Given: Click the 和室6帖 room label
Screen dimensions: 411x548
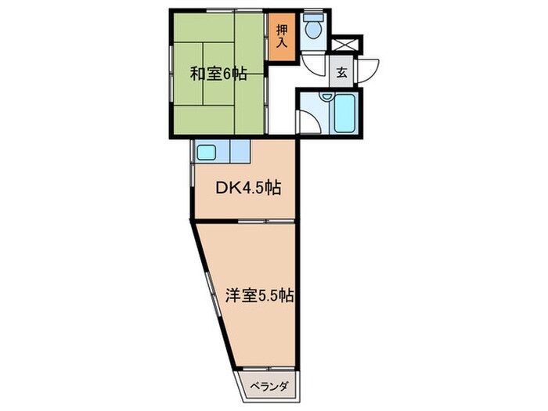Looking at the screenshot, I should (x=218, y=74).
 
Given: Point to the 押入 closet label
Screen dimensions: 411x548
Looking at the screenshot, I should (x=282, y=36).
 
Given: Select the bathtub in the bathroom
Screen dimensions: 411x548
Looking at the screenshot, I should (x=344, y=114).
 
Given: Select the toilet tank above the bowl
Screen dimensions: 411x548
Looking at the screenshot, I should (x=313, y=16).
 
